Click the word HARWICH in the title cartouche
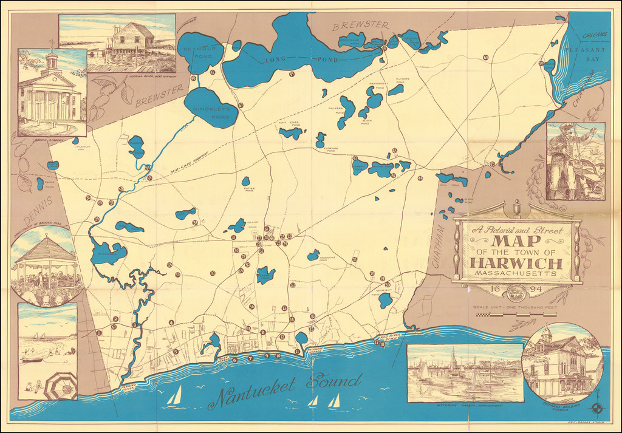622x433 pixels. pyautogui.click(x=516, y=264)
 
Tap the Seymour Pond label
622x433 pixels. pyautogui.click(x=196, y=50)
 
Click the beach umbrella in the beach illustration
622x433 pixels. pyautogui.click(x=60, y=385)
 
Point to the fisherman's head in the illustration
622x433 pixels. pyautogui.click(x=567, y=129)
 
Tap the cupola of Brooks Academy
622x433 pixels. pyautogui.click(x=52, y=58)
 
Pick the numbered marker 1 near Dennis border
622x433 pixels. pyautogui.click(x=98, y=333)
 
